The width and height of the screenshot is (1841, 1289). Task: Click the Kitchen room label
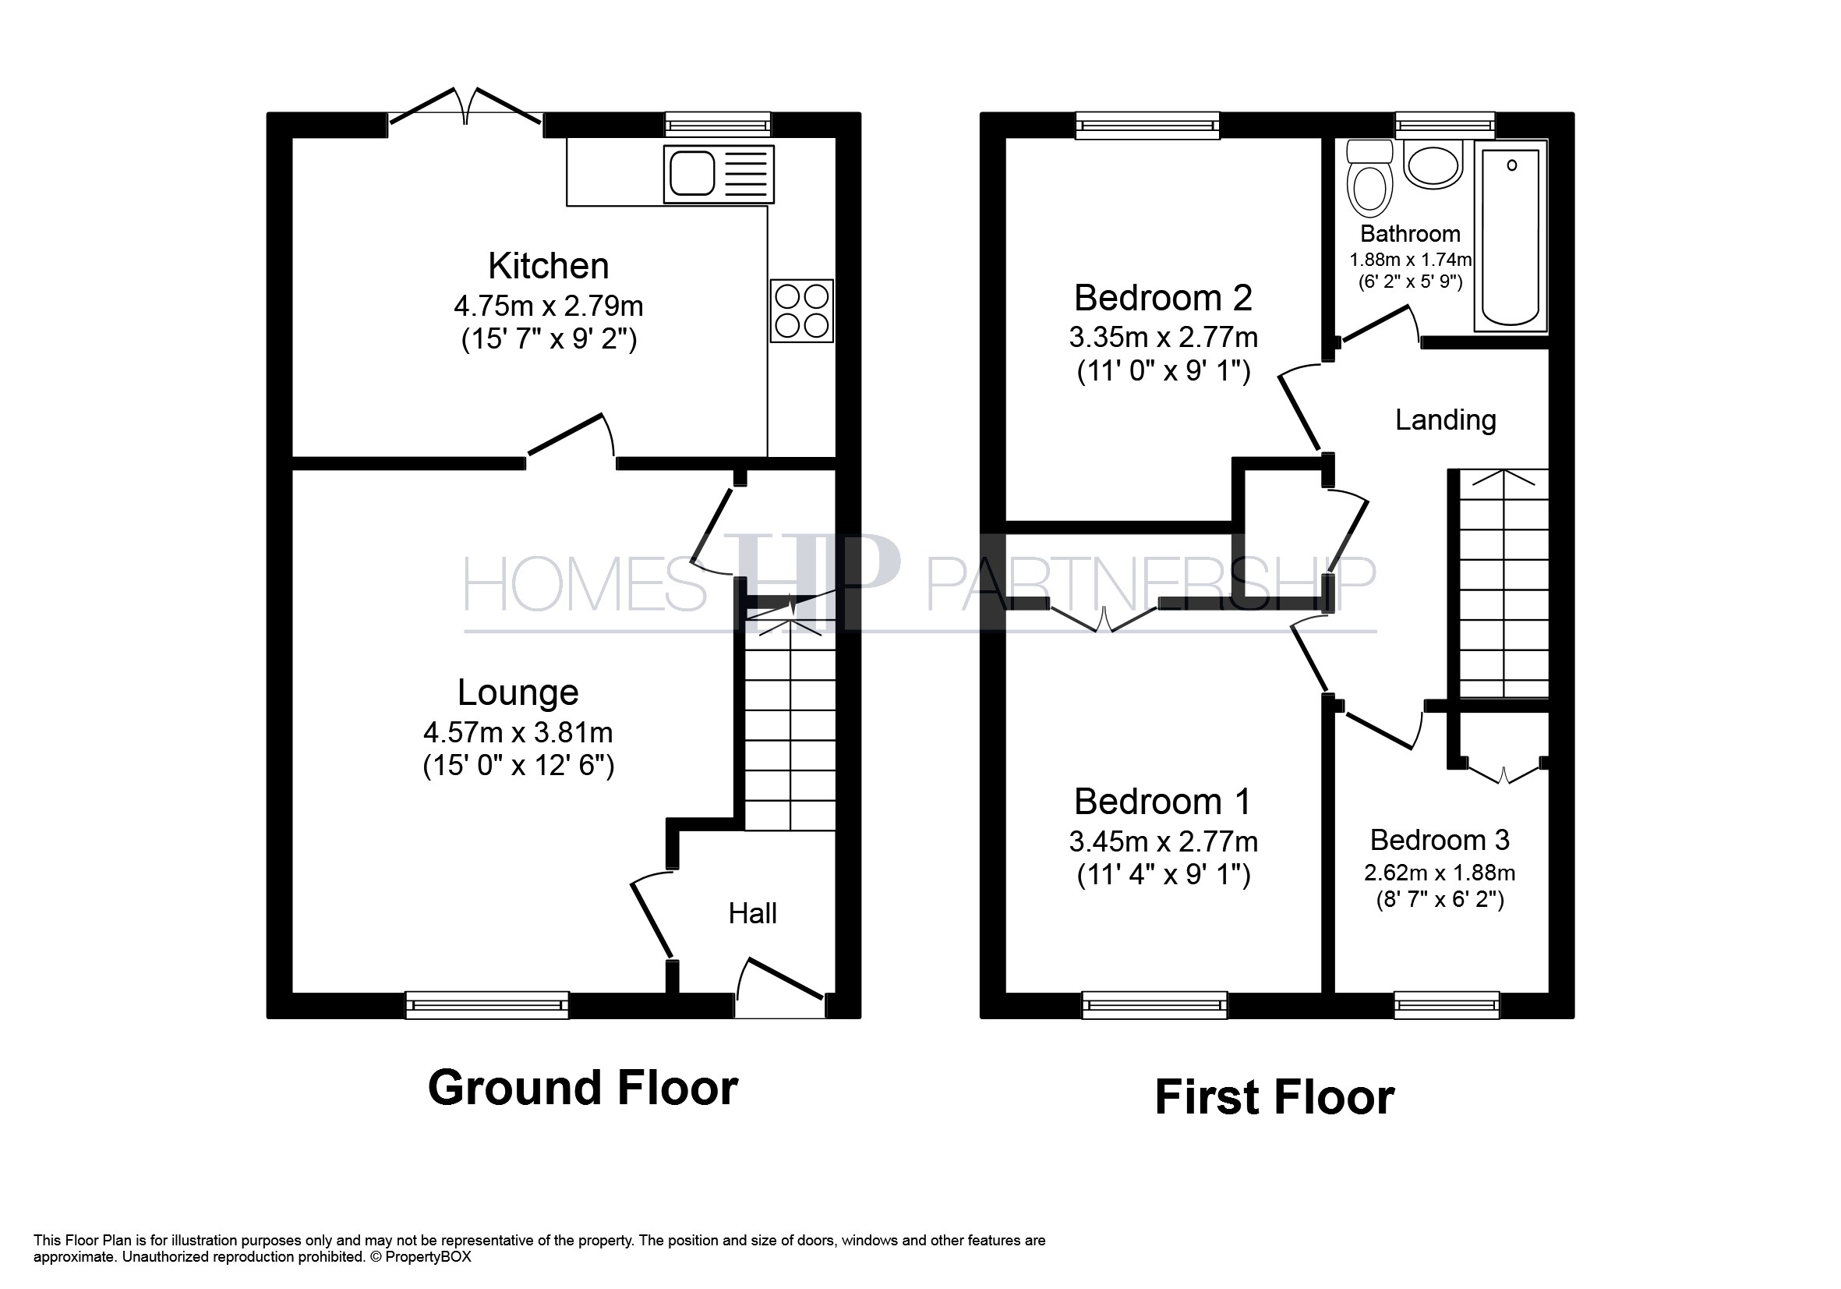[x=549, y=265]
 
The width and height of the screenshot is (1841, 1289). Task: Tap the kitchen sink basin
[x=692, y=173]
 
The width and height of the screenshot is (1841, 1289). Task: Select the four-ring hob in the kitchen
[x=802, y=311]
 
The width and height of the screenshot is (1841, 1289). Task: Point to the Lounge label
[x=518, y=692]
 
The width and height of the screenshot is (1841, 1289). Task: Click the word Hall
[x=752, y=914]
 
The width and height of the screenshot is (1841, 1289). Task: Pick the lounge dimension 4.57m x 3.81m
[x=518, y=732]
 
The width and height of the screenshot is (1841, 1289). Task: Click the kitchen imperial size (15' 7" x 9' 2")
[x=549, y=339]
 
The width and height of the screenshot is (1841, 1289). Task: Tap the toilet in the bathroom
[x=1370, y=178]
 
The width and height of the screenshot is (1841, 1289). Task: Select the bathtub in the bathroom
[x=1511, y=236]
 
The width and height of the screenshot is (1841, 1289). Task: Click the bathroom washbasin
[x=1433, y=165]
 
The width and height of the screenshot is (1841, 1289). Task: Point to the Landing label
[x=1446, y=420]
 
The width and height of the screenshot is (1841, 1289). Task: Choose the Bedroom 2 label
[x=1163, y=298]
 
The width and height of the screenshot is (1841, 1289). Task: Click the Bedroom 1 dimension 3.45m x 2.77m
[x=1163, y=841]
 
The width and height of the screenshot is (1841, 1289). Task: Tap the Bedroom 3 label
[x=1440, y=840]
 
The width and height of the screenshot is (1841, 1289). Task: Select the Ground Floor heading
[x=583, y=1088]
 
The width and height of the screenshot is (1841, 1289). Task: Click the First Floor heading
[x=1275, y=1097]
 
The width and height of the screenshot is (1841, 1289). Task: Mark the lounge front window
[x=486, y=1005]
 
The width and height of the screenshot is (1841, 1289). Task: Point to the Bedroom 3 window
[x=1447, y=1005]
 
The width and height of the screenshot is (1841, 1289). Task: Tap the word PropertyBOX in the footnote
[x=428, y=1257]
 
